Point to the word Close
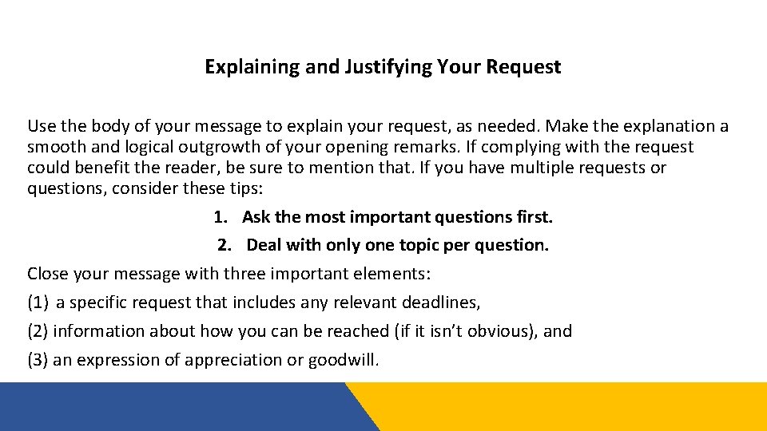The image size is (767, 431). click(x=50, y=274)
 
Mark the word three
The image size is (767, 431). click(x=248, y=274)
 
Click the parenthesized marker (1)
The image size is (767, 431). click(x=38, y=302)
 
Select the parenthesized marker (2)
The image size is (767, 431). click(x=38, y=331)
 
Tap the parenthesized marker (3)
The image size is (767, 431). click(x=38, y=360)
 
